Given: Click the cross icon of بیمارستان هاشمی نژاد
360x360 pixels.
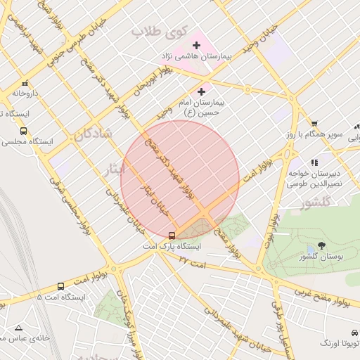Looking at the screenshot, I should pyautogui.click(x=196, y=46).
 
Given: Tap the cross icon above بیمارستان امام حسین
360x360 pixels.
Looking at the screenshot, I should pyautogui.click(x=202, y=91).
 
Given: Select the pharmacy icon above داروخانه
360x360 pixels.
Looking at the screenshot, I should pyautogui.click(x=25, y=82).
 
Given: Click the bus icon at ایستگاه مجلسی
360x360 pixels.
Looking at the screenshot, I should pyautogui.click(x=24, y=131).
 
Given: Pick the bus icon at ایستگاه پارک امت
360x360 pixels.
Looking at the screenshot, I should pyautogui.click(x=172, y=236).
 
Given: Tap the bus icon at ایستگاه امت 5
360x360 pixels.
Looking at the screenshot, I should pyautogui.click(x=60, y=286).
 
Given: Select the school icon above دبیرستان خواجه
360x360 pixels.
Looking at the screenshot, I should pyautogui.click(x=314, y=162).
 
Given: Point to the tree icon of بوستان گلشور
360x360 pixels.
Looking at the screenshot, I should pyautogui.click(x=321, y=245).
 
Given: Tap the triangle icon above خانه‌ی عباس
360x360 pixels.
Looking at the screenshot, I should pyautogui.click(x=18, y=328).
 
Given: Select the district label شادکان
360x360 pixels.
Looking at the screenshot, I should pyautogui.click(x=96, y=134).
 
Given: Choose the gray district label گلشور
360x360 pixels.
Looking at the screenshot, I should pyautogui.click(x=314, y=205).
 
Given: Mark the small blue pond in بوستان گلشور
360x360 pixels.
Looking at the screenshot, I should pyautogui.click(x=310, y=250).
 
